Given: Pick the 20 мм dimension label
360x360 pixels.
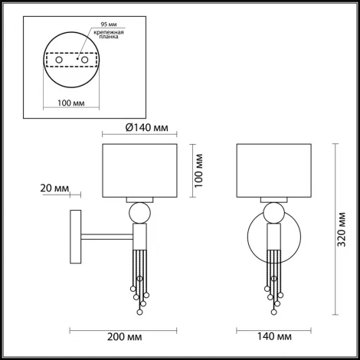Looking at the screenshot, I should [x=51, y=187].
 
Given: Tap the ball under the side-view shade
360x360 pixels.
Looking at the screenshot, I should [x=139, y=212].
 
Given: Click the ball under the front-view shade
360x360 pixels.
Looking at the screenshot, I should [x=273, y=212].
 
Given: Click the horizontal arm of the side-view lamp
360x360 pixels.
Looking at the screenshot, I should [x=107, y=234].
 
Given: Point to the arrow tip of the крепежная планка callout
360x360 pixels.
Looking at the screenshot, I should [x=87, y=54].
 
